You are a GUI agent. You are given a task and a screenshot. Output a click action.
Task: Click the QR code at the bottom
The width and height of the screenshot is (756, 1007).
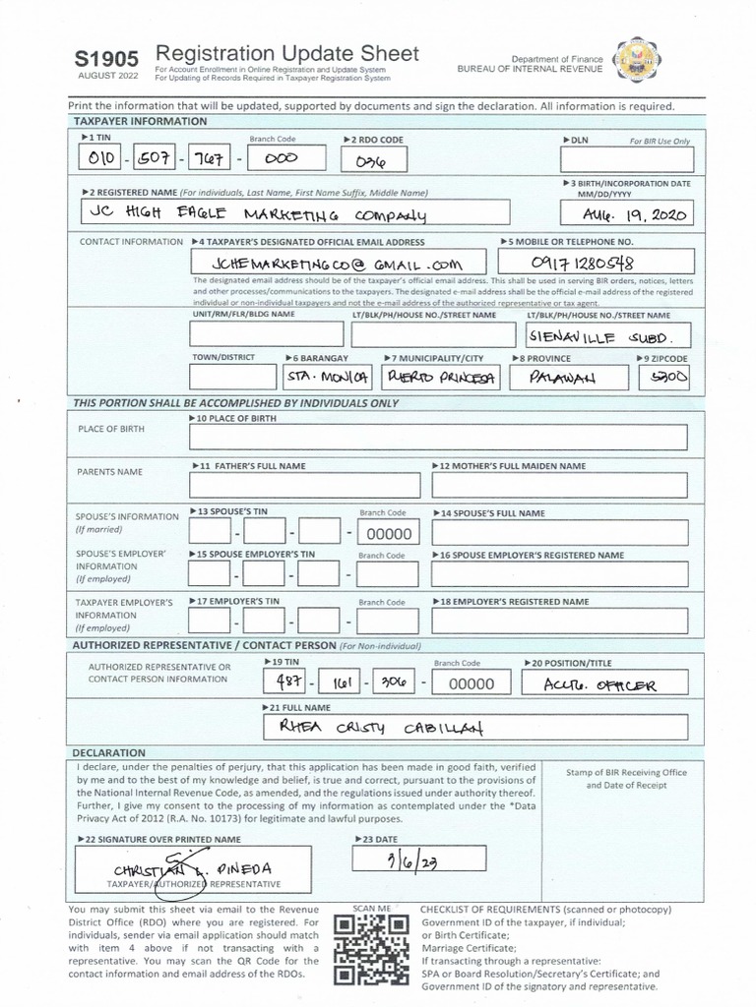pos(371,949)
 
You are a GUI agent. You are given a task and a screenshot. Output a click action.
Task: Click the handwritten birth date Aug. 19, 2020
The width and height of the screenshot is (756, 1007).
pos(627,213)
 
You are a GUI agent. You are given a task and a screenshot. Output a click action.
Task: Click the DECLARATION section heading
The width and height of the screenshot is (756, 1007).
pos(109,752)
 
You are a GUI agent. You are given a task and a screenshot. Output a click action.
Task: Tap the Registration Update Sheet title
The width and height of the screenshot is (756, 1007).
pos(286,54)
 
